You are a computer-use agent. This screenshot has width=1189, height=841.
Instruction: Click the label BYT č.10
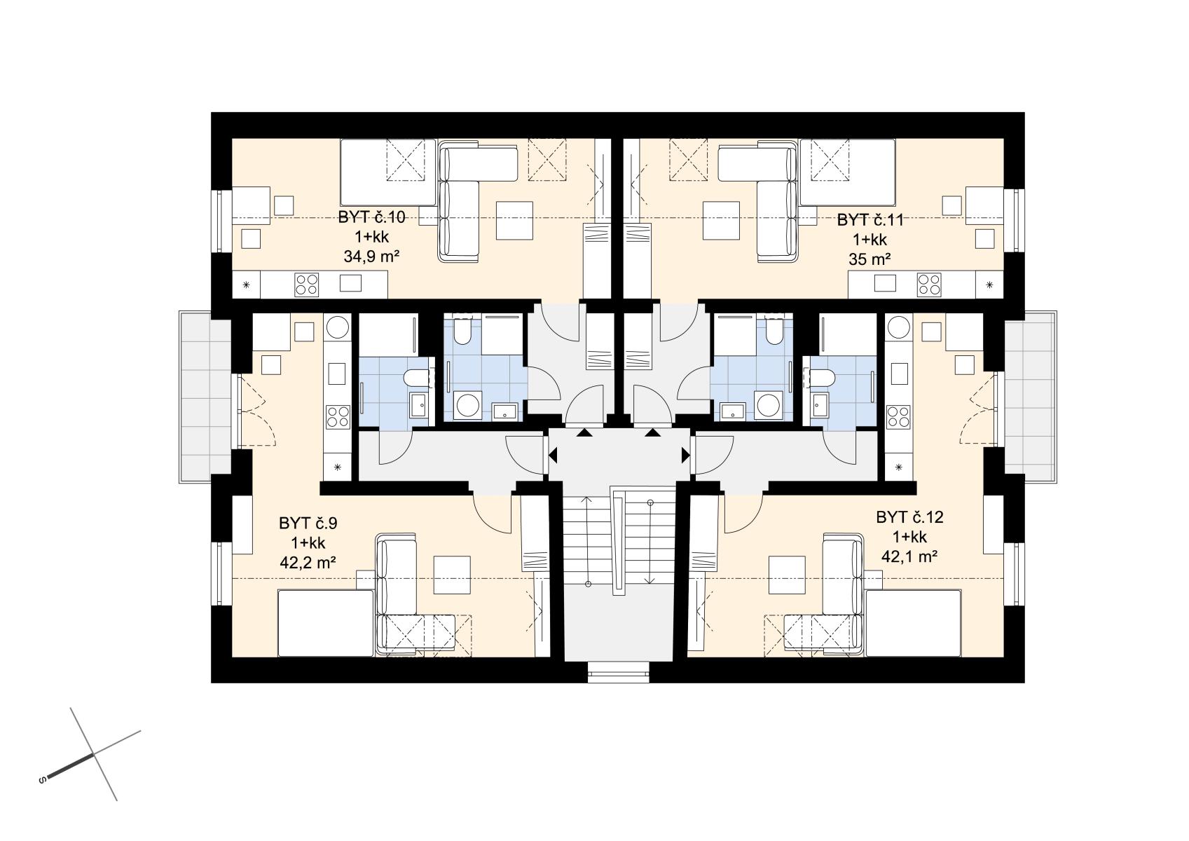371,217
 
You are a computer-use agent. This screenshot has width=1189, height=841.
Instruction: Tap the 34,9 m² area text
371,257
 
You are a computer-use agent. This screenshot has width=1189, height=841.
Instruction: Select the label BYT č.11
870,220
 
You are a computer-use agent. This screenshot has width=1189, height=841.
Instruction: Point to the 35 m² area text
870,259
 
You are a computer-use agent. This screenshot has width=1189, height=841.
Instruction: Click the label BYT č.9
308,524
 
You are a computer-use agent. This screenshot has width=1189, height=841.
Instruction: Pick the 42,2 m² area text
308,563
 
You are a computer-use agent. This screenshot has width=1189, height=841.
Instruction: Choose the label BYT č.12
910,517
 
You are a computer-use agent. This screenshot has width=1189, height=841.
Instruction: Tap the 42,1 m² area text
909,556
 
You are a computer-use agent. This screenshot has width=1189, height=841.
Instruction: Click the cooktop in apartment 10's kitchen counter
307,285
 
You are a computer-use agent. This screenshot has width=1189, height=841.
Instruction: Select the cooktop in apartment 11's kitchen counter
929,285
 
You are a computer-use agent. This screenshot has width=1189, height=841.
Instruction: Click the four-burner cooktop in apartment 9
338,417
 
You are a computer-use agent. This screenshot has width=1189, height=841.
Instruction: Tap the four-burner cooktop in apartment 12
898,417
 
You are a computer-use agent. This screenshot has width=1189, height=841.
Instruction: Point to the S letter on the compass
43,780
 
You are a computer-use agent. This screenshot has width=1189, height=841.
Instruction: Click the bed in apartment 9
326,623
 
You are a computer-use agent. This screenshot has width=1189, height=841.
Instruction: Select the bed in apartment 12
914,623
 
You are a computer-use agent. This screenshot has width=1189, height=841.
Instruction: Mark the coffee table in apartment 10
514,220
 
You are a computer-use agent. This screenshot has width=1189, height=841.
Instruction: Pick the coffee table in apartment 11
722,220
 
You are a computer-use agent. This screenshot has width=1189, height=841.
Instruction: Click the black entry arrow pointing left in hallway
553,455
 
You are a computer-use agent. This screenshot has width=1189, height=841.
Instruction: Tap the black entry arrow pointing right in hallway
686,455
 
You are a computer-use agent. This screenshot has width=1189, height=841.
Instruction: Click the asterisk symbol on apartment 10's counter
247,285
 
